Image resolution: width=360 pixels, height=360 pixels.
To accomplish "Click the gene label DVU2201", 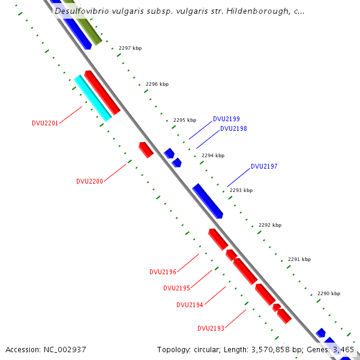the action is tap(45, 124).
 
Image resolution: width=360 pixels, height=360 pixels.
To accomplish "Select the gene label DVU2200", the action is tap(89, 181).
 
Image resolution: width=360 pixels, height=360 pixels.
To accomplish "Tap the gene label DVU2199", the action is tap(226, 119).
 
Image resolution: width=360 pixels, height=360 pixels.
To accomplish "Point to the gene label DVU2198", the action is tap(233, 128).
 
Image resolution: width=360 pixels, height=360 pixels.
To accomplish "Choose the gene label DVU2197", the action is tap(264, 166).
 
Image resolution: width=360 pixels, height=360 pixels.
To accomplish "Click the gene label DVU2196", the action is tap(163, 272).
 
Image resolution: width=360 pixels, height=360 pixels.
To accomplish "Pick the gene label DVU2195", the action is tap(176, 288).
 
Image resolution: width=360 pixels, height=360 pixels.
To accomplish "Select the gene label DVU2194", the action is tap(190, 305).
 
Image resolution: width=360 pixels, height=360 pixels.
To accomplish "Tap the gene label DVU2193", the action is tap(211, 328).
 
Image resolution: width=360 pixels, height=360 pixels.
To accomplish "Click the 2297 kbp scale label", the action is tap(130, 48).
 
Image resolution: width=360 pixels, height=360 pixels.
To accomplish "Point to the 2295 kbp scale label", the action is tap(185, 120).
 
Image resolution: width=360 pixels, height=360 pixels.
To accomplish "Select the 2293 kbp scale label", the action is tap(241, 190).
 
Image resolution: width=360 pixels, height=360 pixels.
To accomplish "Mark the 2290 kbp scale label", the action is tap(329, 293).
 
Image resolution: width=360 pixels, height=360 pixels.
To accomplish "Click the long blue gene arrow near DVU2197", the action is tap(208, 201).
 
